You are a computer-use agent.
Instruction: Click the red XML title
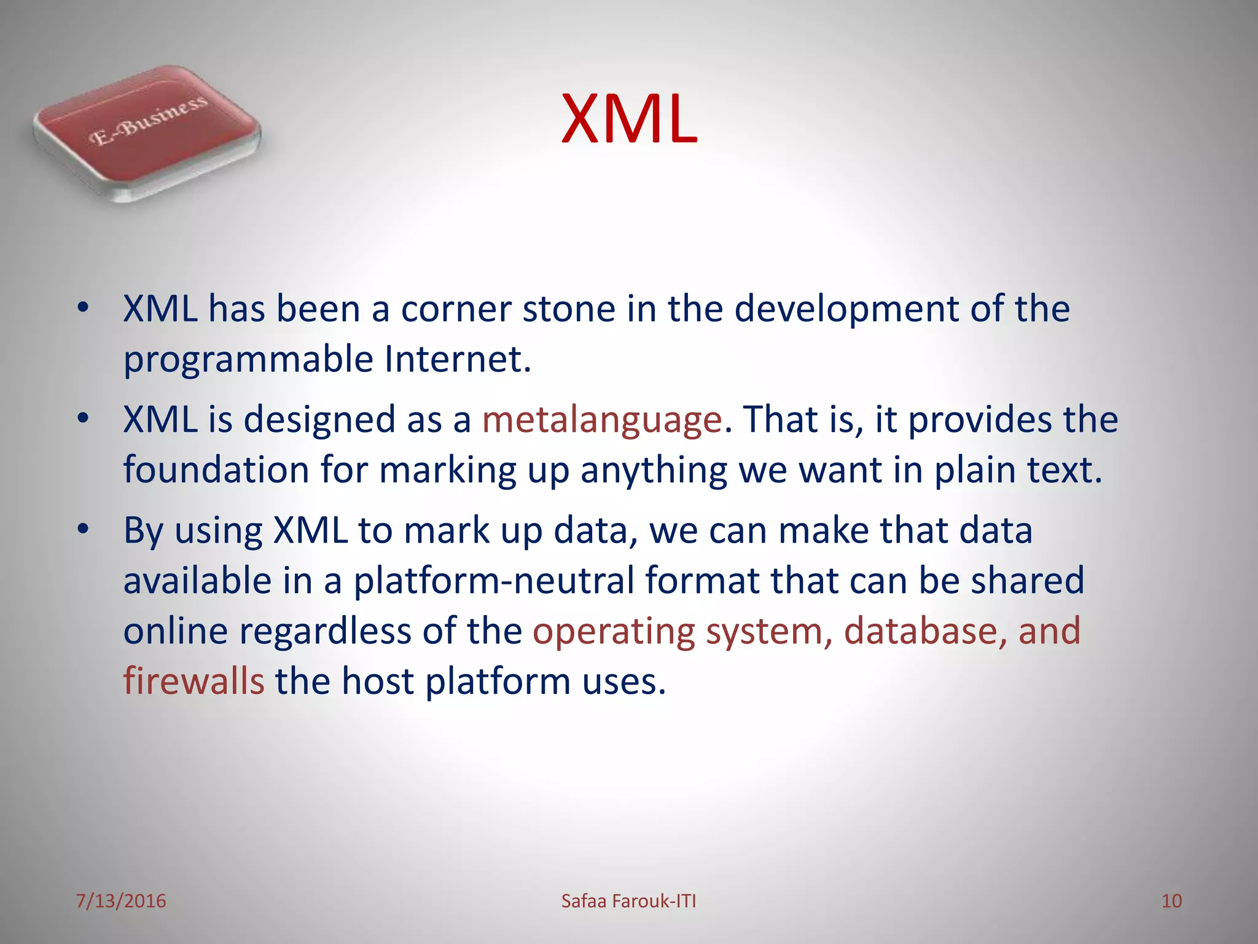[x=629, y=119]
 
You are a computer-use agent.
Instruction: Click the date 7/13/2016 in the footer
[x=121, y=901]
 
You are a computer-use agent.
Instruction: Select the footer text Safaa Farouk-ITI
[x=628, y=901]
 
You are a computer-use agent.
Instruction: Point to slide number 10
[x=1171, y=901]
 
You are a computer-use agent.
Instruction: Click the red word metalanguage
[x=601, y=420]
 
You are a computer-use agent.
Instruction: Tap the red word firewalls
[x=193, y=681]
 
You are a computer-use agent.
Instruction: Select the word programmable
[x=248, y=360]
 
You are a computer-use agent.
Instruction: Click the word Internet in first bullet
[x=457, y=359]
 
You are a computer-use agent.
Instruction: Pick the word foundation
[x=216, y=470]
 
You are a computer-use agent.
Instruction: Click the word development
[x=846, y=309]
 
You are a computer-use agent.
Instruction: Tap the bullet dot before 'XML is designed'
[x=84, y=419]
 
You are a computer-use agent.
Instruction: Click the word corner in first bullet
[x=456, y=309]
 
